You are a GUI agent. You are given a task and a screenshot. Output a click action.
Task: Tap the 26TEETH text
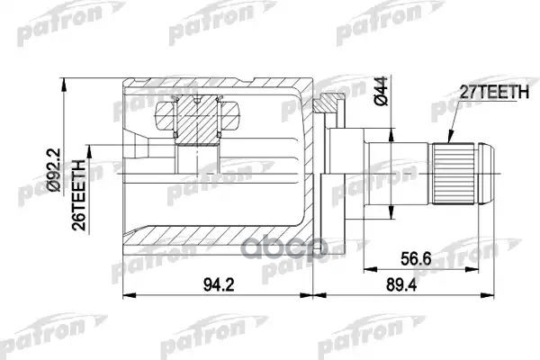click(x=78, y=193)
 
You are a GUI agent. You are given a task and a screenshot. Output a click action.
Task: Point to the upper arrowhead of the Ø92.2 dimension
click(x=64, y=79)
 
